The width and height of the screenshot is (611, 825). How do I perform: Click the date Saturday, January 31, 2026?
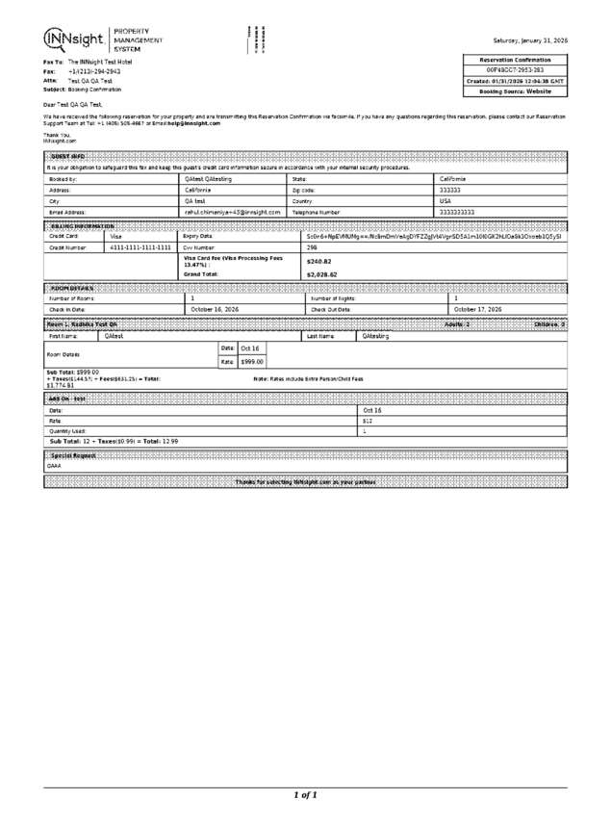[x=529, y=40]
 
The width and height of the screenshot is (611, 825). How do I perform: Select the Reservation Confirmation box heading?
[x=516, y=60]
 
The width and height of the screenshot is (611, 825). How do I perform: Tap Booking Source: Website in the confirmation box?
[x=516, y=91]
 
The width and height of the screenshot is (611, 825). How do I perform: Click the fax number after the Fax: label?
[x=94, y=71]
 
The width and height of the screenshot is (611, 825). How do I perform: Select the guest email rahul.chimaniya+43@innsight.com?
[x=232, y=211]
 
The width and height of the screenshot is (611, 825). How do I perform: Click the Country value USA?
[x=446, y=200]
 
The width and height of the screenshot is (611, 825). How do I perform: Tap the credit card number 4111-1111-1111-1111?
[x=140, y=247]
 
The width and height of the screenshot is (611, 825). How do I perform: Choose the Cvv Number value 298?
[x=313, y=247]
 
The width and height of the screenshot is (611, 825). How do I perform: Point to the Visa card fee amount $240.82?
[x=318, y=261]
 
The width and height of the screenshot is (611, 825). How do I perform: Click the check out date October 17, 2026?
[x=478, y=309]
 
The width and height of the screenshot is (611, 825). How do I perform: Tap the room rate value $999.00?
[x=252, y=361]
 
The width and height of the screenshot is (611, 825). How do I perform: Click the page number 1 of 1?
[x=305, y=795]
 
